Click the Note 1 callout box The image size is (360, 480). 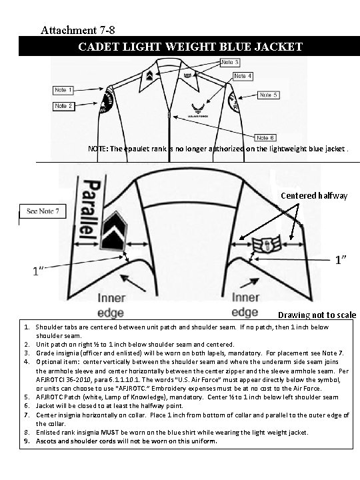(x=64, y=90)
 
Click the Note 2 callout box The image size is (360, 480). (x=64, y=106)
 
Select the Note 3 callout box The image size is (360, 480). (x=230, y=62)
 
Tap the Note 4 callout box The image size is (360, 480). (x=243, y=77)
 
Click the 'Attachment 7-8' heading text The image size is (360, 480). (x=81, y=30)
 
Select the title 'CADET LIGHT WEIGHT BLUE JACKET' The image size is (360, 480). (x=191, y=47)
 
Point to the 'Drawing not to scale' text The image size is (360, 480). (x=317, y=315)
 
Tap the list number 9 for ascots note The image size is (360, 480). (x=26, y=441)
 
